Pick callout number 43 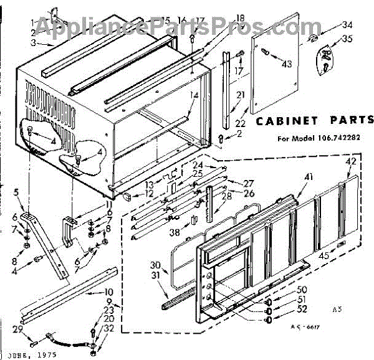pos(286,64)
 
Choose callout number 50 pos(284,290)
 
